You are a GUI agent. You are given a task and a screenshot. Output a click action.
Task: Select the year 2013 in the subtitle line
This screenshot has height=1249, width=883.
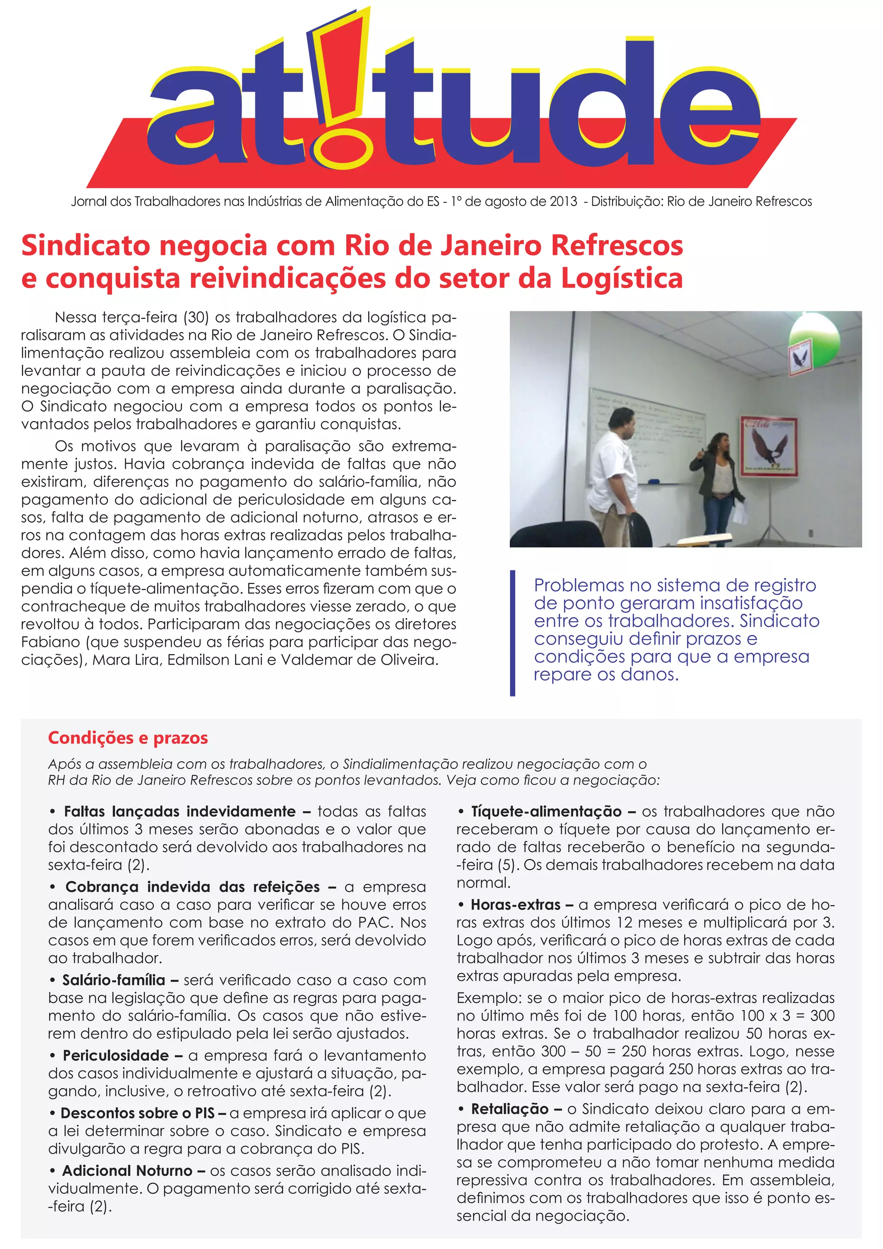563,202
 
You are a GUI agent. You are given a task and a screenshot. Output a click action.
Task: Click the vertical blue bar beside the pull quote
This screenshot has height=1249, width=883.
512,633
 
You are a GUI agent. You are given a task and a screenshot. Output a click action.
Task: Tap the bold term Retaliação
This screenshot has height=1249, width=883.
510,1109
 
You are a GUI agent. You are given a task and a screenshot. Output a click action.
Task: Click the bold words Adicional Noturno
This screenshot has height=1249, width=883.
127,1170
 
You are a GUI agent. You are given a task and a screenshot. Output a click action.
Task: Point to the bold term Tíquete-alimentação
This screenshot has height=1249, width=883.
546,811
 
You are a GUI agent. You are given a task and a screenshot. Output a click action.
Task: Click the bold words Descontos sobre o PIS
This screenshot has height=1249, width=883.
138,1113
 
